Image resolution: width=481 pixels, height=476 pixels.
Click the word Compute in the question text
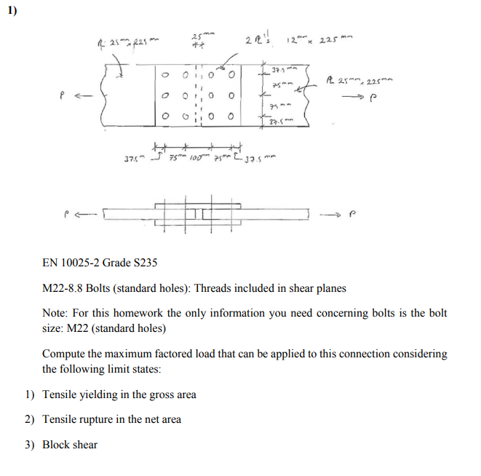(64, 354)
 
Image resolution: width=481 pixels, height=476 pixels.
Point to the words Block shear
(70, 444)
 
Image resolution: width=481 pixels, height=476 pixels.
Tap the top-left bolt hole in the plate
(164, 74)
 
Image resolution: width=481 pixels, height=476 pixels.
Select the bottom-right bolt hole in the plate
(231, 115)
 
